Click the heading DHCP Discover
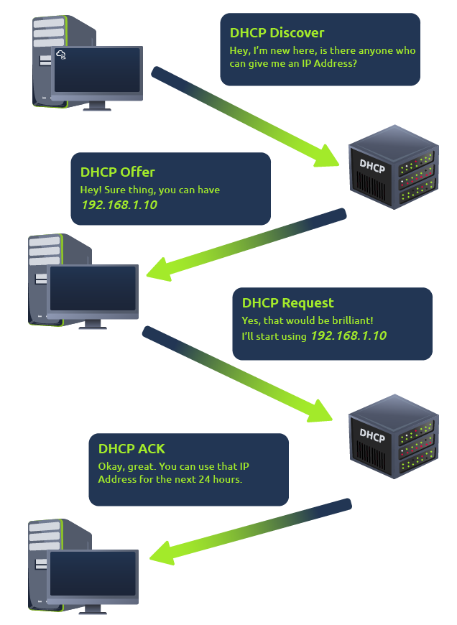pos(277,33)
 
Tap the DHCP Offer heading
pos(117,172)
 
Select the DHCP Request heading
pos(287,303)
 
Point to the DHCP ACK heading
pos(131,449)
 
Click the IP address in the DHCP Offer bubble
pos(119,205)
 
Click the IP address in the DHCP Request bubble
pos(348,336)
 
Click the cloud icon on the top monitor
pos(61,55)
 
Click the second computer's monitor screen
pos(92,290)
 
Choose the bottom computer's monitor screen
pos(92,574)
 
